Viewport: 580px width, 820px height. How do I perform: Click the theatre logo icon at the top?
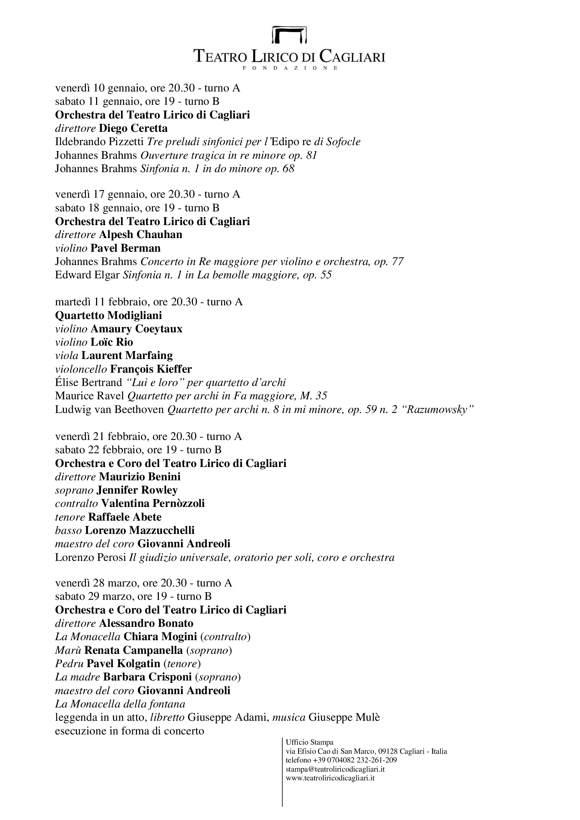click(289, 35)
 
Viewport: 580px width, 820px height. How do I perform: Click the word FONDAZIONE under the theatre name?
click(290, 68)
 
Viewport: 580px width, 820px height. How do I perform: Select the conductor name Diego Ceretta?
click(133, 128)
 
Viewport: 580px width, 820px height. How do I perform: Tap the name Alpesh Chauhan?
click(140, 234)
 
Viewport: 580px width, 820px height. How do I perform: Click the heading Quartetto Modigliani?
click(108, 315)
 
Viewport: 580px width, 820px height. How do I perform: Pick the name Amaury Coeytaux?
click(136, 328)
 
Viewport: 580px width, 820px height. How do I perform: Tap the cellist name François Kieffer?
click(151, 368)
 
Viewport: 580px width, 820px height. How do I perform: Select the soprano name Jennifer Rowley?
click(137, 490)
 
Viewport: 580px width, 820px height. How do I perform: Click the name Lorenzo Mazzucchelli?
click(140, 530)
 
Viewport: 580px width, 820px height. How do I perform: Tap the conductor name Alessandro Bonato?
click(146, 623)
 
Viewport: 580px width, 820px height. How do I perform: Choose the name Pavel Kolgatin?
click(123, 664)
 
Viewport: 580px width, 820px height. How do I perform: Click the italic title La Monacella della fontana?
click(120, 704)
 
